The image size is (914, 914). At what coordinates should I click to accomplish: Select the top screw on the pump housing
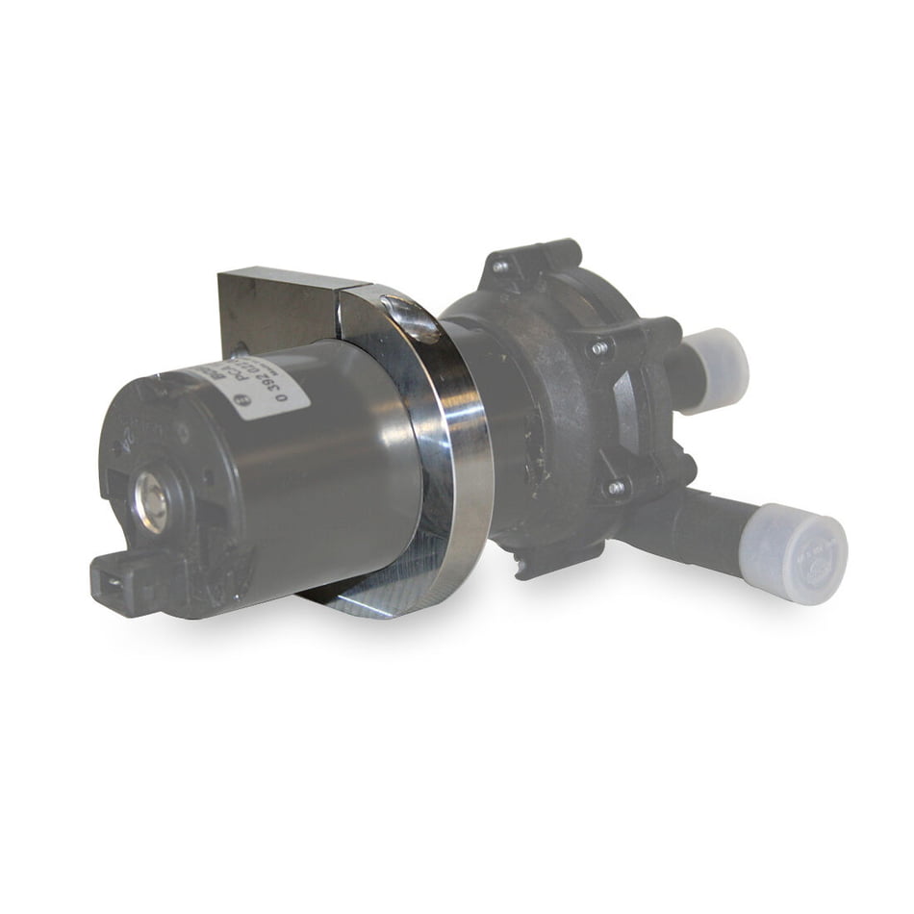(502, 266)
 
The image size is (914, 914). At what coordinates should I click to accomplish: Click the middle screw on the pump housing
(601, 347)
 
